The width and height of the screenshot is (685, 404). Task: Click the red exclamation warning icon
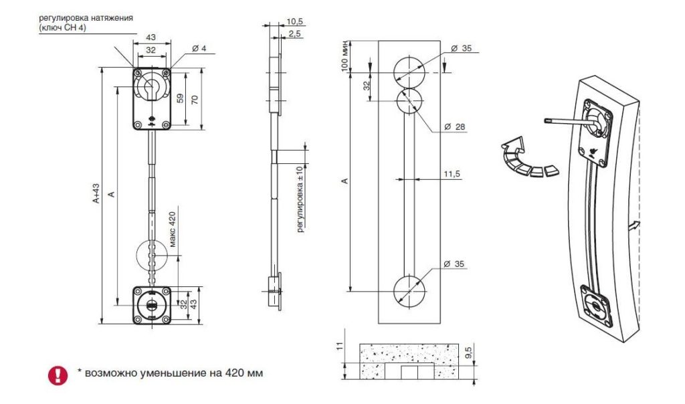[x=58, y=375]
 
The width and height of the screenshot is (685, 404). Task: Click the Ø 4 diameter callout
[x=199, y=48]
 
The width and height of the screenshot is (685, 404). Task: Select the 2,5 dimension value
[x=294, y=34]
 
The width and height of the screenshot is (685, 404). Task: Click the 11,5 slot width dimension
[x=452, y=174]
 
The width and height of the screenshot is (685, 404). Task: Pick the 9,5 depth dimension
[x=468, y=352]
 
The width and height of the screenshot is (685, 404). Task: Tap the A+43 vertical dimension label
[x=96, y=193]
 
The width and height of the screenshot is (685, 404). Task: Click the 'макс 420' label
[x=172, y=229]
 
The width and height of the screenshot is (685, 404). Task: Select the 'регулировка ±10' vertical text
[x=300, y=199]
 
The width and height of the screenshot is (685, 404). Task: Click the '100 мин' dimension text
[x=345, y=56]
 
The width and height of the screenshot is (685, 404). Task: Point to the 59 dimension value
[x=180, y=98]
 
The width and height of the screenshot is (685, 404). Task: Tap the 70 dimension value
[x=195, y=99]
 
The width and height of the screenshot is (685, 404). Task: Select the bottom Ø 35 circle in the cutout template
[x=393, y=290]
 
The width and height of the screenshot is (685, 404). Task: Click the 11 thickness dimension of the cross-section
[x=340, y=346]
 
